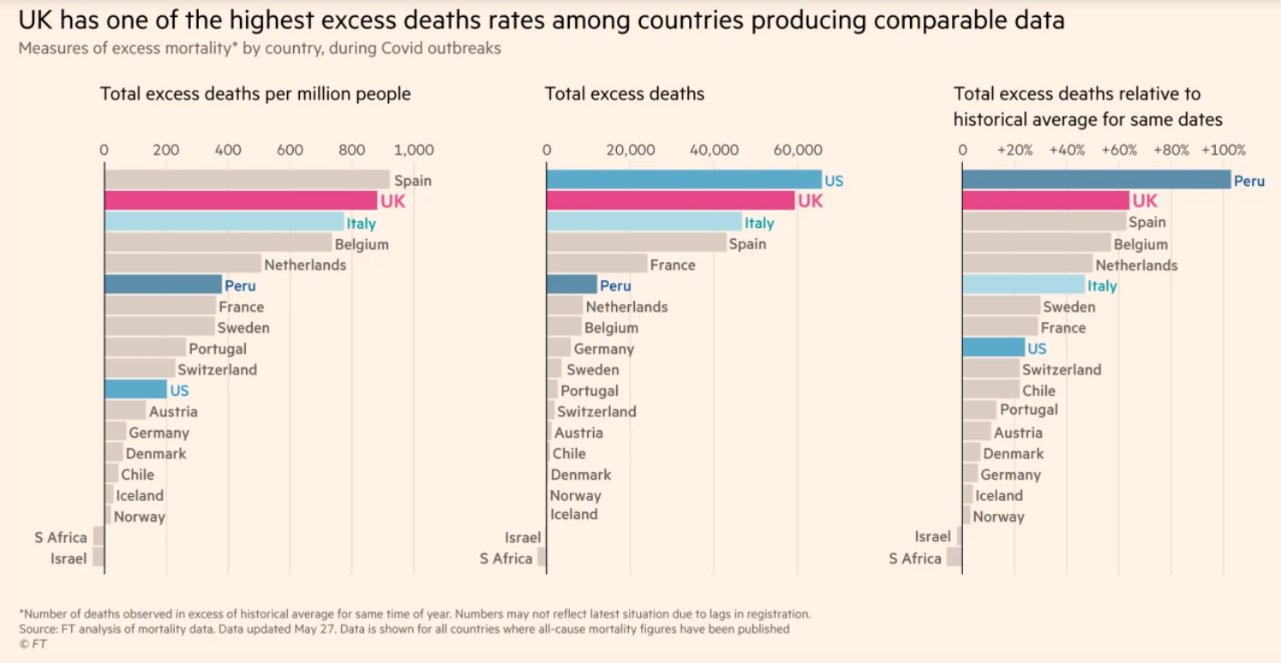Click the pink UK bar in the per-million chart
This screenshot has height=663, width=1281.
[240, 200]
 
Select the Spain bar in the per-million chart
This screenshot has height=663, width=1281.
[247, 180]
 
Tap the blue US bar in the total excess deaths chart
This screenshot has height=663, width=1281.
[683, 180]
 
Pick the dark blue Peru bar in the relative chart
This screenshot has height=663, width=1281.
[1096, 180]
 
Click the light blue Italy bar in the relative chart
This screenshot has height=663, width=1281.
[1023, 284]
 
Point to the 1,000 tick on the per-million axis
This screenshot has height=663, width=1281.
[415, 151]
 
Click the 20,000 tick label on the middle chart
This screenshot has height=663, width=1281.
[630, 151]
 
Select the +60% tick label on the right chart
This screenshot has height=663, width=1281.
[1119, 151]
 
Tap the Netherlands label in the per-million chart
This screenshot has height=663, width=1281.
[305, 265]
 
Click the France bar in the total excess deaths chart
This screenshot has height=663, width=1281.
[596, 264]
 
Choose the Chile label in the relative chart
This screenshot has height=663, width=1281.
[1039, 391]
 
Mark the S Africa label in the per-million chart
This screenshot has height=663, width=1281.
[61, 537]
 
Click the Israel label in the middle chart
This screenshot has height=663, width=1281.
[523, 537]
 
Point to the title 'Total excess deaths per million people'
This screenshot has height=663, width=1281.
[255, 94]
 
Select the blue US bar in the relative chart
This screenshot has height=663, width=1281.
[993, 348]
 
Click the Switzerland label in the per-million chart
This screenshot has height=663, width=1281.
[217, 370]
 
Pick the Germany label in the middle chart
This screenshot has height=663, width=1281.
[604, 349]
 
